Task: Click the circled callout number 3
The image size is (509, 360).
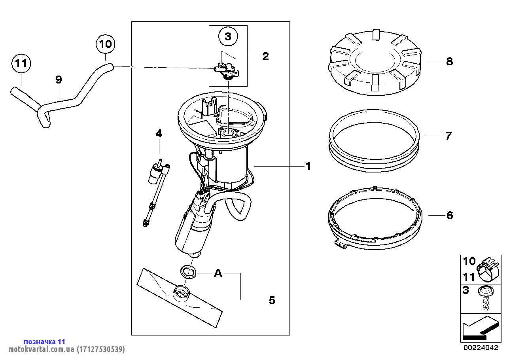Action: click(228, 36)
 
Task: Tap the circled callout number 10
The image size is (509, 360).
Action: click(106, 44)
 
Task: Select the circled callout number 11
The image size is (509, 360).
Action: click(21, 63)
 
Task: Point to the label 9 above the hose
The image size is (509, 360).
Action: click(59, 80)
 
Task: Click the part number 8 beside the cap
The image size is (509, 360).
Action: click(449, 61)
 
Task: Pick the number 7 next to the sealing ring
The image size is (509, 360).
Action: click(448, 136)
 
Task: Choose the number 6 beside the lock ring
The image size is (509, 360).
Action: click(450, 215)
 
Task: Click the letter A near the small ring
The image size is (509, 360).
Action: click(218, 273)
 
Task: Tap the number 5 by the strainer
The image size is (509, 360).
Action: click(272, 300)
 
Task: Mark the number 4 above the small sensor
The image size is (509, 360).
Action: click(159, 134)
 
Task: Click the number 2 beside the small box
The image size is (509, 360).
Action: click(265, 56)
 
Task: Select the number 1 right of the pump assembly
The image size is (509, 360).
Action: click(308, 167)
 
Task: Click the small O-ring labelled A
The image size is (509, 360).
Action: click(188, 272)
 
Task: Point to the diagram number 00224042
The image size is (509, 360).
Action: click(481, 347)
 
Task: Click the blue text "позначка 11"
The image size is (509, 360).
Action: click(45, 341)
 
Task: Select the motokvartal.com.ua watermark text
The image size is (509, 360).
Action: click(66, 349)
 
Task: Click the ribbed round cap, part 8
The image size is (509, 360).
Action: click(375, 62)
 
